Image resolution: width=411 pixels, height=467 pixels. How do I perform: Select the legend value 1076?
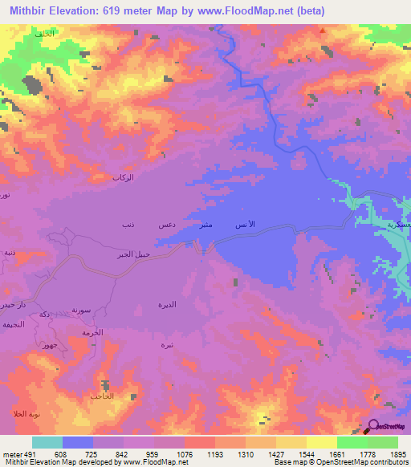[184, 453]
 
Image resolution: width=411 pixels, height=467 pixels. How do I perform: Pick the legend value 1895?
[397, 453]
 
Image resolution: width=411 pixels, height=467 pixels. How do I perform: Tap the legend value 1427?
[275, 453]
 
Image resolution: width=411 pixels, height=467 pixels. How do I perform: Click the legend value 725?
[92, 453]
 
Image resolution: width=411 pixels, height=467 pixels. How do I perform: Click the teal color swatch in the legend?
[47, 442]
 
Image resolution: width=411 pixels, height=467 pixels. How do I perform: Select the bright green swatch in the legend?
[352, 442]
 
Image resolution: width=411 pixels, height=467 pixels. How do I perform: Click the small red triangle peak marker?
[322, 31]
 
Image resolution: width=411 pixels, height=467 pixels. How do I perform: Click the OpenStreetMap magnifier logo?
[374, 425]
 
